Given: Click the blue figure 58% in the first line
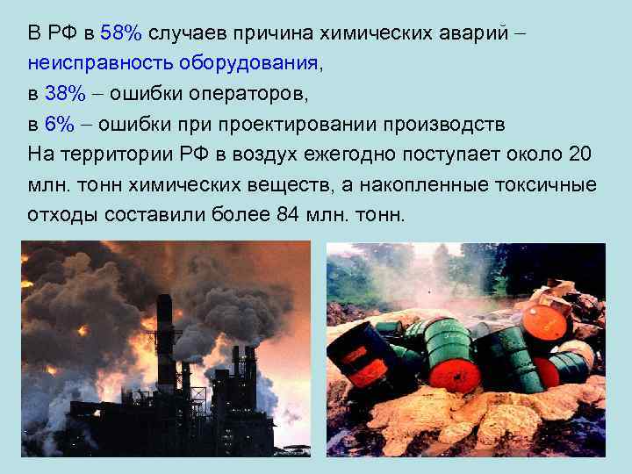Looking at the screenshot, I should pyautogui.click(x=121, y=33).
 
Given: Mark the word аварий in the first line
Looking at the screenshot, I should pyautogui.click(x=478, y=33).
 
